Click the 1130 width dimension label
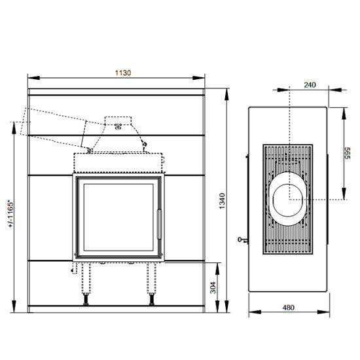123,73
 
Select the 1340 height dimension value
222,201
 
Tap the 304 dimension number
213,288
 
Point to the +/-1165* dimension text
10,214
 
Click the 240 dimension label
310,85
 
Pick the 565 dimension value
347,153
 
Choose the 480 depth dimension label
289,308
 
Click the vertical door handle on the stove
159,225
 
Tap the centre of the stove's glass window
118,217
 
